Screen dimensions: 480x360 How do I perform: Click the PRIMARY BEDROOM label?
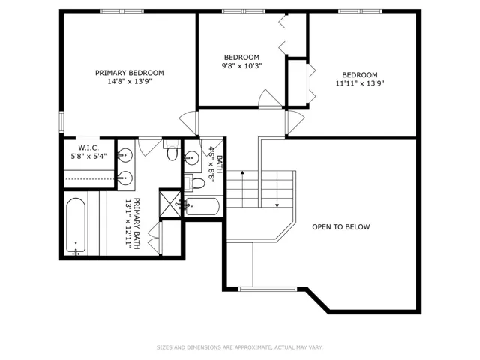coord(130,73)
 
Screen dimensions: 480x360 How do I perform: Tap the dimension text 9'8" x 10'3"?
coord(241,66)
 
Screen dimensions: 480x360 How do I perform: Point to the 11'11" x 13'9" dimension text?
coord(360,83)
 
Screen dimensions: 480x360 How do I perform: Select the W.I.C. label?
coord(88,148)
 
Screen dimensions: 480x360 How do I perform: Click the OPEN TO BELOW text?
coord(341,226)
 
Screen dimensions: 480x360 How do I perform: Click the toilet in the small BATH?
coord(195,183)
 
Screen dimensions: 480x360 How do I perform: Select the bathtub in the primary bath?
coord(76,226)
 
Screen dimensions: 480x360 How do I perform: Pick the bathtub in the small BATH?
coord(202,207)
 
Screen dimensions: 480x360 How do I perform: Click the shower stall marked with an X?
coord(170,203)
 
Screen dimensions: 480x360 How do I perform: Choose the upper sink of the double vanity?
coord(125,155)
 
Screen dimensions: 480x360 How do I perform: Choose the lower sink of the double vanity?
coord(125,178)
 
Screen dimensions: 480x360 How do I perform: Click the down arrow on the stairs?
coord(277,189)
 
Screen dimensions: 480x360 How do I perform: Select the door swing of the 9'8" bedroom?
coord(269,98)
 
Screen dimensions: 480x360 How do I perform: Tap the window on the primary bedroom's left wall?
coord(61,122)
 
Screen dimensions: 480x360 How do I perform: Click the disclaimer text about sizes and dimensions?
coord(240,347)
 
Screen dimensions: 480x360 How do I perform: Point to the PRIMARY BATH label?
coord(133,223)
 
